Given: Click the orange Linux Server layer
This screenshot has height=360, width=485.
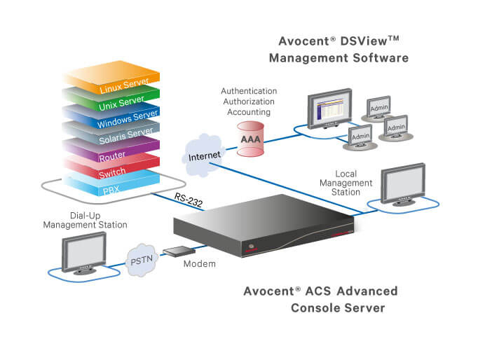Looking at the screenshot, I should point(118,87).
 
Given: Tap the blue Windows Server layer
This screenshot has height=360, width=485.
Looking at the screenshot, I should point(125,118).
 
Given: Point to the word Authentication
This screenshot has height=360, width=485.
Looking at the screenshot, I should point(249,91).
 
